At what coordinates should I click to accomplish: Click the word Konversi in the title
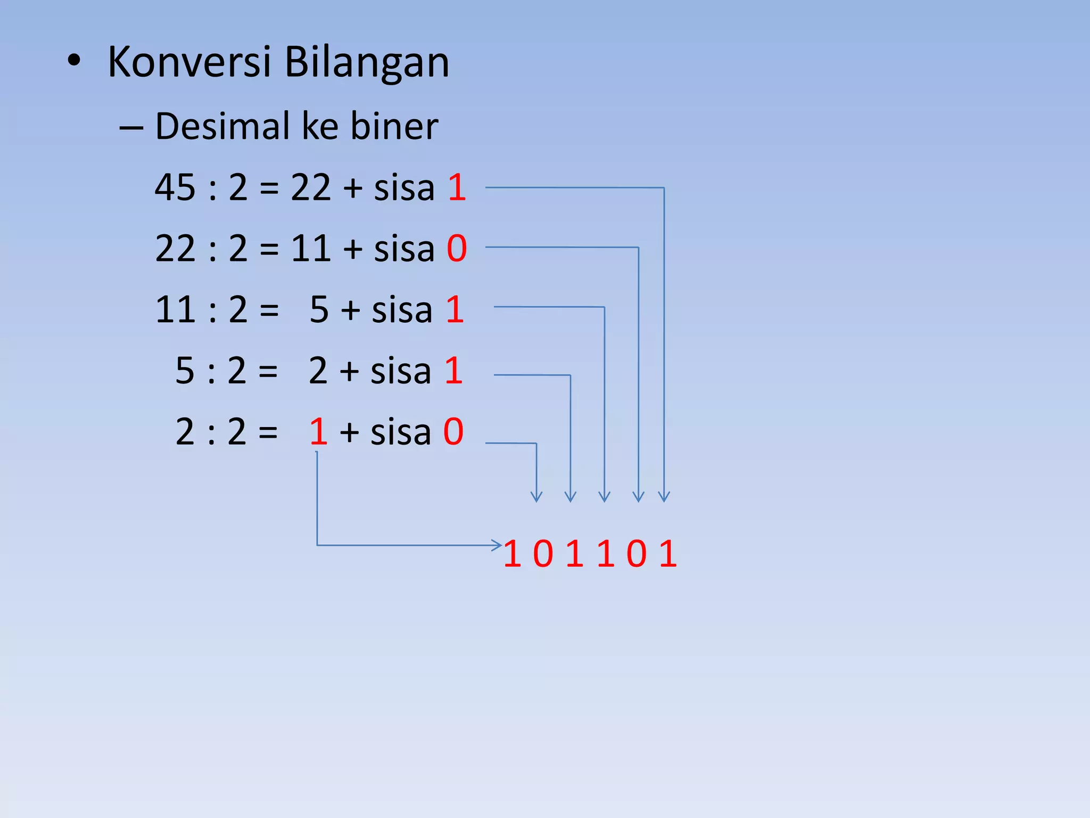point(189,62)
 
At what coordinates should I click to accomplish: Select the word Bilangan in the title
point(367,63)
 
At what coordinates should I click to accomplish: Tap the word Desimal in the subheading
point(223,127)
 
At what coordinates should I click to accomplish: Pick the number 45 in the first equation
point(175,187)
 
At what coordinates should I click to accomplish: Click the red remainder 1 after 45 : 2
point(457,187)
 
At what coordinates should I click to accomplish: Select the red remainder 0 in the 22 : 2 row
point(457,248)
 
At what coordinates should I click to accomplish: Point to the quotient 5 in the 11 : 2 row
point(319,309)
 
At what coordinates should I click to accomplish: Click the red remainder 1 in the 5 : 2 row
point(453,371)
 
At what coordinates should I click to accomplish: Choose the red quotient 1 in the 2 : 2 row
point(318,431)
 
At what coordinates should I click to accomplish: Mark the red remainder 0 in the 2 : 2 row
point(453,431)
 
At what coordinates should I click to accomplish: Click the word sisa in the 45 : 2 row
point(404,187)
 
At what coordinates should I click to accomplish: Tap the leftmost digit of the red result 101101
point(512,554)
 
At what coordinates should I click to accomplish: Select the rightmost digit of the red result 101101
point(668,554)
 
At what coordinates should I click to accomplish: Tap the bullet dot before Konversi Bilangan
point(74,61)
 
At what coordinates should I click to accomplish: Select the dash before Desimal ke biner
point(131,128)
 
